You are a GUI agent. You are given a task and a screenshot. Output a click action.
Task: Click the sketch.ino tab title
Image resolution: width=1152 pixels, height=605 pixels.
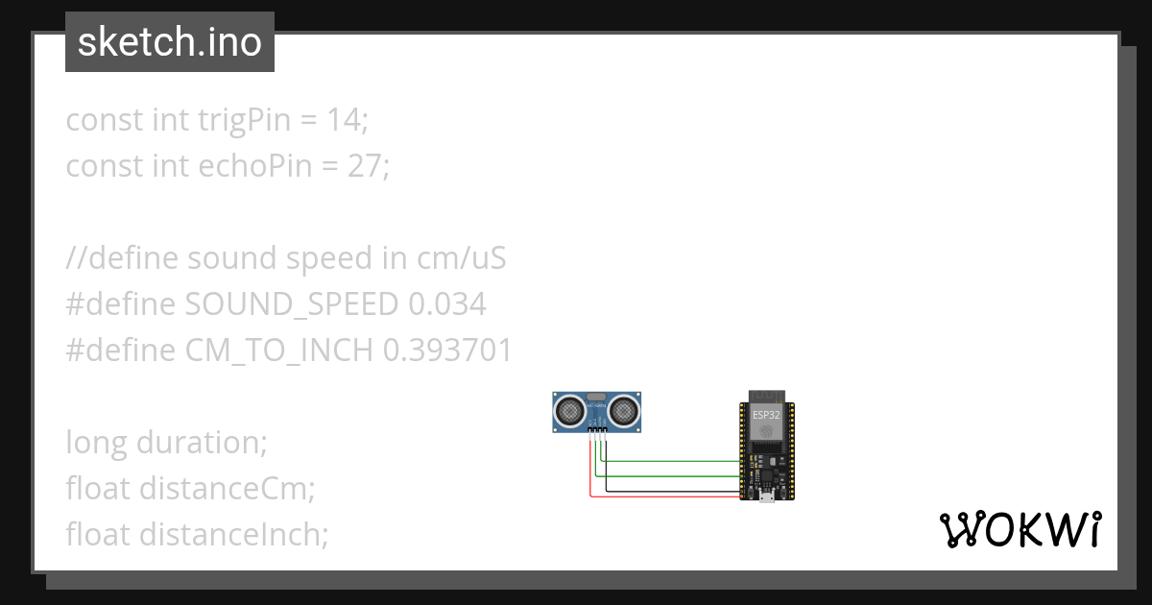pos(170,42)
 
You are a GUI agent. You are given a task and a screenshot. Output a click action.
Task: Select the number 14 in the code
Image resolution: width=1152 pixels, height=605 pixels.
pos(344,120)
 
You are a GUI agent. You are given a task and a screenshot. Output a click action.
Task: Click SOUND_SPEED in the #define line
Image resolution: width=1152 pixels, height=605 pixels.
pos(293,304)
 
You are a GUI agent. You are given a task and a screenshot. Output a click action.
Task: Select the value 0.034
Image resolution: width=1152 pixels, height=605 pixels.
pos(447,304)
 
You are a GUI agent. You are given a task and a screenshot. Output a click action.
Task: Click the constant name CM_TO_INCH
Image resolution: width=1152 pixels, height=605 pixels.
pos(278,351)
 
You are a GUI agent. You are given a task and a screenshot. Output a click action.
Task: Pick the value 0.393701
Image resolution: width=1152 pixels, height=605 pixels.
pos(447,351)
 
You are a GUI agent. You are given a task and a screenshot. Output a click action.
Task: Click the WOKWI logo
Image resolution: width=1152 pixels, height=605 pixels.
pos(1019,530)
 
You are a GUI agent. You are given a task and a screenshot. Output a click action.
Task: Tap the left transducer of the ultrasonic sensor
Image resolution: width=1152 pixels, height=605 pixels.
pos(570,411)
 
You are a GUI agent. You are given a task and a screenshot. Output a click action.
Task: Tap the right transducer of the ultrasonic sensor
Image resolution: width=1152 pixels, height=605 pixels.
pos(624,411)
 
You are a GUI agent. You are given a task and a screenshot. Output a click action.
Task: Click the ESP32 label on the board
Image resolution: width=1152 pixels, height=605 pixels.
pos(766,415)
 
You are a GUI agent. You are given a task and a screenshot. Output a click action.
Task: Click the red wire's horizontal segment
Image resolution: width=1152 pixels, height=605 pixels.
pos(662,496)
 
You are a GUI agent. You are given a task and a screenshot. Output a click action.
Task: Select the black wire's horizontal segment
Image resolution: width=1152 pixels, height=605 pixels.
pos(672,491)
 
